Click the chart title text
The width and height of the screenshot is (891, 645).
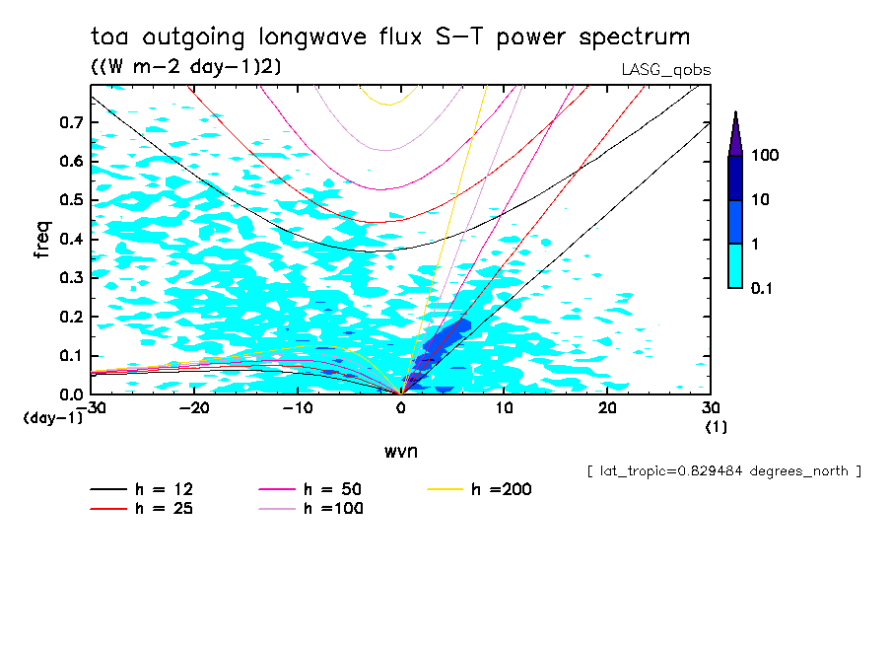pos(390,37)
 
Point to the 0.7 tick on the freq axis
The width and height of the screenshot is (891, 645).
pos(69,122)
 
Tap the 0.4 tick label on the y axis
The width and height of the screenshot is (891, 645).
pos(69,239)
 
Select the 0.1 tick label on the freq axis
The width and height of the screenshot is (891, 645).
pos(69,355)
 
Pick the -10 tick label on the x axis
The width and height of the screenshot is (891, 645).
pos(297,407)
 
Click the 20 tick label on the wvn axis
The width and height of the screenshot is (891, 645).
pos(607,407)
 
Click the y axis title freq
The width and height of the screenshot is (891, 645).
pos(42,240)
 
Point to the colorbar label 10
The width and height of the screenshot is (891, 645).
pos(760,200)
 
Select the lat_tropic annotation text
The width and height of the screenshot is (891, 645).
pos(724,471)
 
